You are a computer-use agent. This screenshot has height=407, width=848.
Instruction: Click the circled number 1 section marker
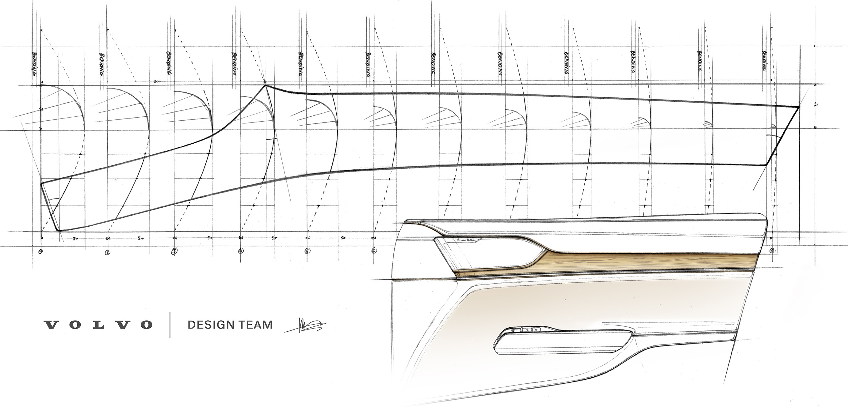[40, 252]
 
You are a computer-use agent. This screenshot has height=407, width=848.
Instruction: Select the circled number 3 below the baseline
[174, 251]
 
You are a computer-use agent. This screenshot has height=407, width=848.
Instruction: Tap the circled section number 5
[307, 251]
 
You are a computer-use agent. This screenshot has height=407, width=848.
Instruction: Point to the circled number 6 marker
[374, 251]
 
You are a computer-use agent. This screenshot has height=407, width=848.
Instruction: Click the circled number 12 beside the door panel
[772, 251]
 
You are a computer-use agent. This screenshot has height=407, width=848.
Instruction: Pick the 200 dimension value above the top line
[157, 81]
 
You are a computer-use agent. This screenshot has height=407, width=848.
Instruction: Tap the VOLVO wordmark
[98, 325]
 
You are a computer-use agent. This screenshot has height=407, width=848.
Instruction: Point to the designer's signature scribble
[304, 326]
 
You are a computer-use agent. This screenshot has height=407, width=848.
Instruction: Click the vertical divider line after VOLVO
[170, 325]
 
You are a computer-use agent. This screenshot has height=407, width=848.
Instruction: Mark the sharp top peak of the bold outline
[265, 86]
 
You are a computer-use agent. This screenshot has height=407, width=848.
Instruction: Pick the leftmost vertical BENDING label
[34, 64]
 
